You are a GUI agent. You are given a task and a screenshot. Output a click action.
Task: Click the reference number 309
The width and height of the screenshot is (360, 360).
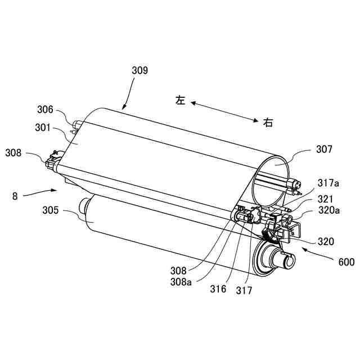point(139,70)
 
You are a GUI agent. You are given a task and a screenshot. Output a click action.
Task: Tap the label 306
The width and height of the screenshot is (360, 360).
point(45,110)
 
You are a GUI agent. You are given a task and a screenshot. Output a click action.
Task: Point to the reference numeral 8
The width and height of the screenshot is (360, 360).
point(15,196)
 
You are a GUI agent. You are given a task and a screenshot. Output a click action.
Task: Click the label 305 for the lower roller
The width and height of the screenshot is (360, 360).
point(51,211)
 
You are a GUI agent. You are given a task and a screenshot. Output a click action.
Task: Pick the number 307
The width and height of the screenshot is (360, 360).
point(324,150)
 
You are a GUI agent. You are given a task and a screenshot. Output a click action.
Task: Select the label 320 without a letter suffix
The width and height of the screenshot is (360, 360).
point(326,241)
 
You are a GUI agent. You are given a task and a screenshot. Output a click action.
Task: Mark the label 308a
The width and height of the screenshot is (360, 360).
point(181,282)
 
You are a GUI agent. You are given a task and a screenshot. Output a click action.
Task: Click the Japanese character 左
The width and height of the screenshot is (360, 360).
point(180,100)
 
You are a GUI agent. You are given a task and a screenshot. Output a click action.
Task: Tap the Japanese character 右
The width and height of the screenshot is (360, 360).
point(268,122)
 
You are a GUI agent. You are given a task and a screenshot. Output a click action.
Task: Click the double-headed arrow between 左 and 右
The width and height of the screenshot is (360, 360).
point(224,111)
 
